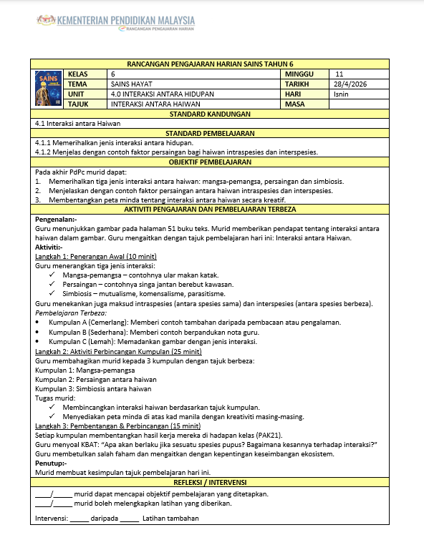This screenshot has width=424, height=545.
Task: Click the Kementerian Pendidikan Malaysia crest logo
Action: (x=44, y=21)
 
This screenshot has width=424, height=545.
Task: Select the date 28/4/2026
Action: (x=350, y=84)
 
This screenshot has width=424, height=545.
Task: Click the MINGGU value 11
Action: (x=339, y=74)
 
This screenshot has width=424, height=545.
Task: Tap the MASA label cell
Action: (x=294, y=104)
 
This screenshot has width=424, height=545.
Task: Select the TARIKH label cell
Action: (x=296, y=84)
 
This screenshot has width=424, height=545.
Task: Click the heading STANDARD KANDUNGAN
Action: (x=210, y=114)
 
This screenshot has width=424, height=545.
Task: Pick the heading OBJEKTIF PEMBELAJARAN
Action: (x=210, y=162)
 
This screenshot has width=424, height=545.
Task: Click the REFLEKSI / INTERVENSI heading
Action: (x=210, y=482)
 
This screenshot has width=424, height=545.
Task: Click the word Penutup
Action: (x=50, y=463)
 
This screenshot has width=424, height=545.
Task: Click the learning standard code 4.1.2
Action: (x=44, y=152)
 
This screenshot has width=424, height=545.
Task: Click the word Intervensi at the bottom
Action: (x=51, y=518)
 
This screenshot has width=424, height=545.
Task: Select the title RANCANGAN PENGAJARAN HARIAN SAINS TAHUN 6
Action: (x=210, y=64)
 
